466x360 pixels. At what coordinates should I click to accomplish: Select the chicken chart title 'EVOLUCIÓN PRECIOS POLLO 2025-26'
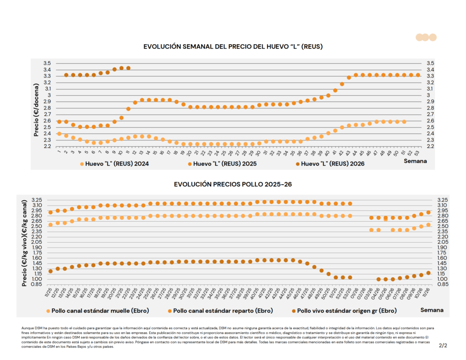tap(233, 184)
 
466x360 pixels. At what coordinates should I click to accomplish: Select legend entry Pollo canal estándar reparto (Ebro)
tap(220, 311)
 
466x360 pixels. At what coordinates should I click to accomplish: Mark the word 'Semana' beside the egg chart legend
tap(418, 161)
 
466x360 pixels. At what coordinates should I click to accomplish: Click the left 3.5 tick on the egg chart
tap(47, 63)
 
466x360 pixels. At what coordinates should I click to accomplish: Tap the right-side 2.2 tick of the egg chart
tap(430, 146)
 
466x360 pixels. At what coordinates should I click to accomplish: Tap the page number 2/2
tap(443, 345)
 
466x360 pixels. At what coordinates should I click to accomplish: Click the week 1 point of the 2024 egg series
tap(59, 134)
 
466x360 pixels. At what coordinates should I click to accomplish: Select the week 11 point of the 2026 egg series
tap(128, 68)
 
